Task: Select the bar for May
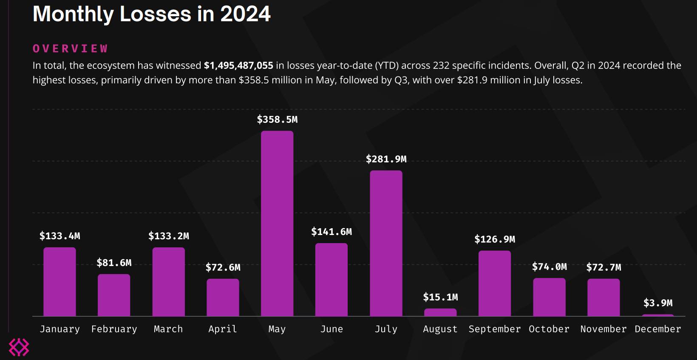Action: (x=277, y=223)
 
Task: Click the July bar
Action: (x=386, y=243)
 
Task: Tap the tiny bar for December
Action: (x=658, y=315)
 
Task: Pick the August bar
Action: (x=440, y=312)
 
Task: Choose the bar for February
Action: (x=114, y=295)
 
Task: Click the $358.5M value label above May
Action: (x=277, y=120)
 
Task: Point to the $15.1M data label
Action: (x=440, y=297)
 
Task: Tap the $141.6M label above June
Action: (x=331, y=232)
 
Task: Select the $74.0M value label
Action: (x=549, y=267)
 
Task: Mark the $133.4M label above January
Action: (x=59, y=236)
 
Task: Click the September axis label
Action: (x=495, y=329)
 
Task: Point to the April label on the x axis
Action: (x=223, y=329)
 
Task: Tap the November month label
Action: (x=603, y=329)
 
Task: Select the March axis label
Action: (x=168, y=329)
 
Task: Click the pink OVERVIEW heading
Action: (x=71, y=49)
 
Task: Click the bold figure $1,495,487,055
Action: (x=238, y=65)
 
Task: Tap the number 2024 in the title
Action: (x=245, y=14)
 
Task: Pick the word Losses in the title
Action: (x=156, y=14)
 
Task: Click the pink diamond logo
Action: (x=19, y=347)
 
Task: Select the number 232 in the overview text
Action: (x=441, y=65)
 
